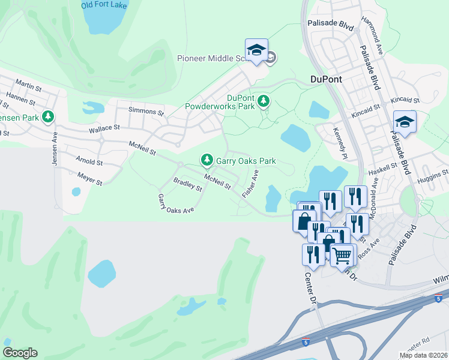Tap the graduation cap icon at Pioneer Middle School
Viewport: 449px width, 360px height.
point(256,50)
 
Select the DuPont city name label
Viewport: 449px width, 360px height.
point(325,79)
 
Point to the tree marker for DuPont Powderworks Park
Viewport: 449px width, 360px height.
point(263,102)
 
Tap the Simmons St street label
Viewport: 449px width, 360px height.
point(147,112)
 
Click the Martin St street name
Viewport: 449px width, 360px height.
point(28,86)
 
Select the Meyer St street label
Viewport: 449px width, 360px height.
point(90,178)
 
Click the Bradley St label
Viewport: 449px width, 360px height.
point(187,184)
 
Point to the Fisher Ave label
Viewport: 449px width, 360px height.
point(250,184)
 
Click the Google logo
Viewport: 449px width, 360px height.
point(20,353)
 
